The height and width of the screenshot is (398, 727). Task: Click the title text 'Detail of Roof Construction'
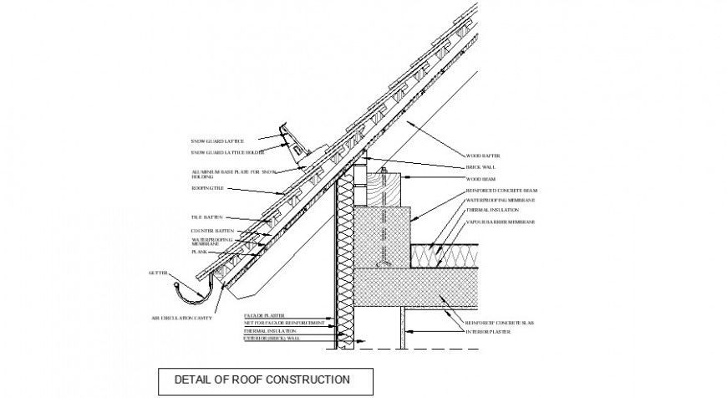tap(262, 380)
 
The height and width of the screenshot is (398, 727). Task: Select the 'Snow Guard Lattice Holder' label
tap(227, 153)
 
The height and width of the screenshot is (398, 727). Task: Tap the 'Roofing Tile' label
tap(210, 189)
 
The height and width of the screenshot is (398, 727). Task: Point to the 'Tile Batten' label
tap(207, 217)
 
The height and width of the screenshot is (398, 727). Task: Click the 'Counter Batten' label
tap(211, 230)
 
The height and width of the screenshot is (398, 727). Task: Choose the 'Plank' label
tap(199, 252)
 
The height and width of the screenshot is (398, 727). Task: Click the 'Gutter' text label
tap(159, 273)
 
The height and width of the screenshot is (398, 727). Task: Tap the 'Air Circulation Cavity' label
tap(181, 319)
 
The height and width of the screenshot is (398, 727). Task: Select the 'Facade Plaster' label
tap(261, 316)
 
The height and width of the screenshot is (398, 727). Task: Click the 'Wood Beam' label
tap(482, 179)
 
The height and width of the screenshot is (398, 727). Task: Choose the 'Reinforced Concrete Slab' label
tap(500, 321)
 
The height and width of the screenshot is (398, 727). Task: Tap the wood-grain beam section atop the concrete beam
tap(384, 191)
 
